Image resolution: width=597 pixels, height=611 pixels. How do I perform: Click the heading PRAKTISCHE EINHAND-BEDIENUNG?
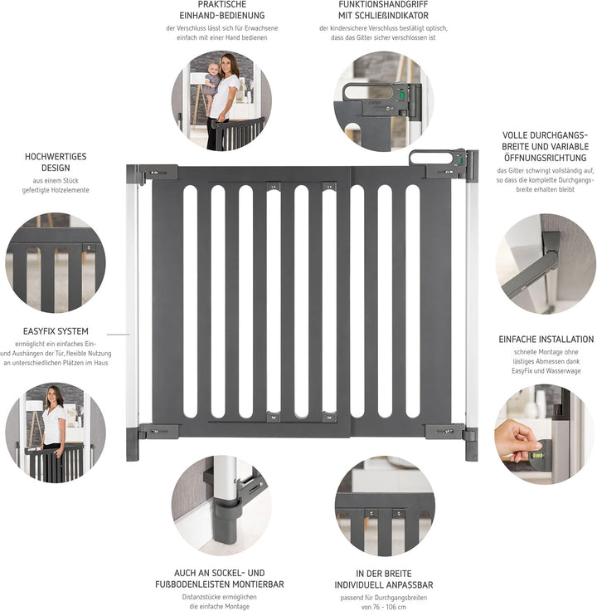[221, 10]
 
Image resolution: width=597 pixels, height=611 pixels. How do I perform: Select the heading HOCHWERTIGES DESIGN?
[56, 162]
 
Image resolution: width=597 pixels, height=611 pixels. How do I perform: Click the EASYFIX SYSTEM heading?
[56, 331]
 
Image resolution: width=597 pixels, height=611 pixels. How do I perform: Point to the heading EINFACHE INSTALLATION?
[546, 340]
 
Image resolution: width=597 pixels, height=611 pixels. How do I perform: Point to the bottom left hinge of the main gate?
[154, 431]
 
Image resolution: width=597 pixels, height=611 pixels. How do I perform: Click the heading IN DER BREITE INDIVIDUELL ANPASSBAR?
[384, 579]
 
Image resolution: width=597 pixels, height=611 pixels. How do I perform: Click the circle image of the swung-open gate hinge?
[545, 263]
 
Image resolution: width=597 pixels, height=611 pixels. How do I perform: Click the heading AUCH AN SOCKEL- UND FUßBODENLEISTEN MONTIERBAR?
[221, 579]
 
